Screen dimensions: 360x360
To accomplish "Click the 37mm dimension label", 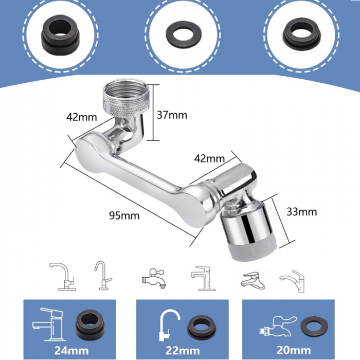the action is pos(172,115).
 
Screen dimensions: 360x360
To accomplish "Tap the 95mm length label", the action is pos(124,216).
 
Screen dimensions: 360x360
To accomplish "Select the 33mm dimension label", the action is pos(302,212).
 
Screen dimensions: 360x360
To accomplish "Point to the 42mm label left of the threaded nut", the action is pos(81,117).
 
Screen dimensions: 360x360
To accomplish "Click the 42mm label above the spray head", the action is pos(209,158).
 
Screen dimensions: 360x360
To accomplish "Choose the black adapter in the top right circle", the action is pos(301,34).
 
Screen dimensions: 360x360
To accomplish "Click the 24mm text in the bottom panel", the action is pos(71,351).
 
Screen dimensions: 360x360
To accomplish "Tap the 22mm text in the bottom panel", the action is pos(183,351).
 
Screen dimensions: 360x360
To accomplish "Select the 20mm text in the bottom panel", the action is pos(294,350).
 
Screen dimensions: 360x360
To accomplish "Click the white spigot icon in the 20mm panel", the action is pos(278,326).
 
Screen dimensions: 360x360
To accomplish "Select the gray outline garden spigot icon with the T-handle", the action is pos(153,278).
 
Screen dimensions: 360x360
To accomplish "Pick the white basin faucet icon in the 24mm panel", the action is pos(48,324).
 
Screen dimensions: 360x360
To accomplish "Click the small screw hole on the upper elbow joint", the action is pos(118,149).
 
